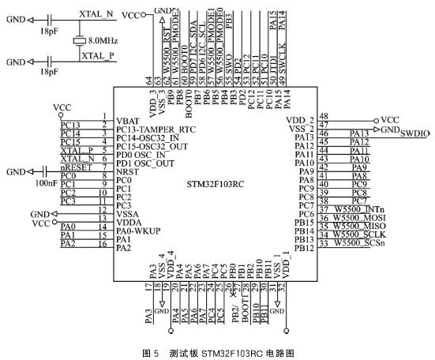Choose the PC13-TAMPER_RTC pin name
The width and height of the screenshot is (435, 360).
click(x=155, y=128)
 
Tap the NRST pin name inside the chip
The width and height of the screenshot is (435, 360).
click(x=127, y=171)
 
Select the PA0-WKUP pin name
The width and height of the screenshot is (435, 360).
click(x=140, y=232)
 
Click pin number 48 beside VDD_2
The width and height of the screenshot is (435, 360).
click(x=323, y=115)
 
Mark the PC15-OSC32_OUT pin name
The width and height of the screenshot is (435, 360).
click(x=152, y=146)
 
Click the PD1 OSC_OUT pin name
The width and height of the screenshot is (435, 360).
click(x=144, y=163)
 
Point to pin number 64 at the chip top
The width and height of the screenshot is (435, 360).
click(x=148, y=80)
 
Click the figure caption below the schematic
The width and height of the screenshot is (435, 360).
click(x=217, y=350)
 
